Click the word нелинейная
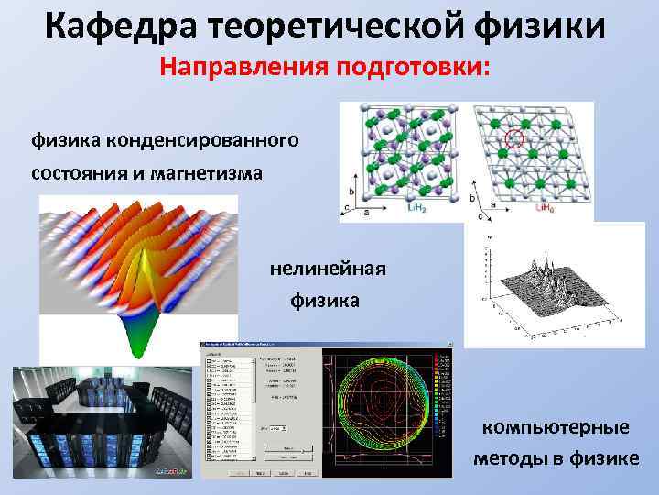coord(328,268)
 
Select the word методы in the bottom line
coord(513,457)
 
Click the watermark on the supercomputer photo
coord(173,473)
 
